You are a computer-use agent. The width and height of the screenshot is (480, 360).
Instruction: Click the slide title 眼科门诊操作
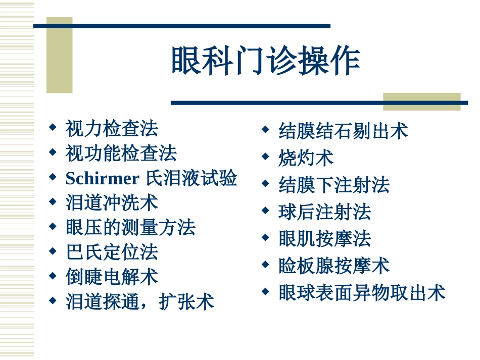pos(266,62)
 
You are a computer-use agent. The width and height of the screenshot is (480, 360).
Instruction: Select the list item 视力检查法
pos(112,128)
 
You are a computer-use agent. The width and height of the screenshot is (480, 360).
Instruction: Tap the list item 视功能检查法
pos(121,153)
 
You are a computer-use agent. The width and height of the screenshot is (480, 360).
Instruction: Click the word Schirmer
pos(102,178)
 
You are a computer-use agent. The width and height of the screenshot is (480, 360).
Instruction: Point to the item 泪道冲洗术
pos(112,203)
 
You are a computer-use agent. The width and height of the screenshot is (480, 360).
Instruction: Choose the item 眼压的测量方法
pos(130,228)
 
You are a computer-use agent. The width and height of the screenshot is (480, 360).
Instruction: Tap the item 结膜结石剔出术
pos(343,131)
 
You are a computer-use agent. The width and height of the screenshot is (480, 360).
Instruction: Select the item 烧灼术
pos(306,158)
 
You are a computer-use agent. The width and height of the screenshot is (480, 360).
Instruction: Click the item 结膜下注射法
pos(334,185)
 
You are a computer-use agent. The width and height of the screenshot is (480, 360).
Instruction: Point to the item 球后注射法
pos(324,212)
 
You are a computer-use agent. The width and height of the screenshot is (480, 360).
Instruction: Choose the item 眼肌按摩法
pos(324,238)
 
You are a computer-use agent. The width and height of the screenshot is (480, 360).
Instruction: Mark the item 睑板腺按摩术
pos(334,266)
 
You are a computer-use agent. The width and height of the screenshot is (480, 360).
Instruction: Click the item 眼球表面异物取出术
pos(362,292)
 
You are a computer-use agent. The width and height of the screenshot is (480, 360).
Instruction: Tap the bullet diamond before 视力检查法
pos(52,127)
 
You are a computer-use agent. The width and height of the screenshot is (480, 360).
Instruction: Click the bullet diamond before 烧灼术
pos(265,157)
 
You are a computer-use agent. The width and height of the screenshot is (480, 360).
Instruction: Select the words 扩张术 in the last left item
pos(186,302)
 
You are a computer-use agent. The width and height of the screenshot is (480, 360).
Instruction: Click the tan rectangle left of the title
pos(60,56)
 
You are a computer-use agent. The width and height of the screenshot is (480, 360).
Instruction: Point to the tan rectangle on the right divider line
pos(422,101)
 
